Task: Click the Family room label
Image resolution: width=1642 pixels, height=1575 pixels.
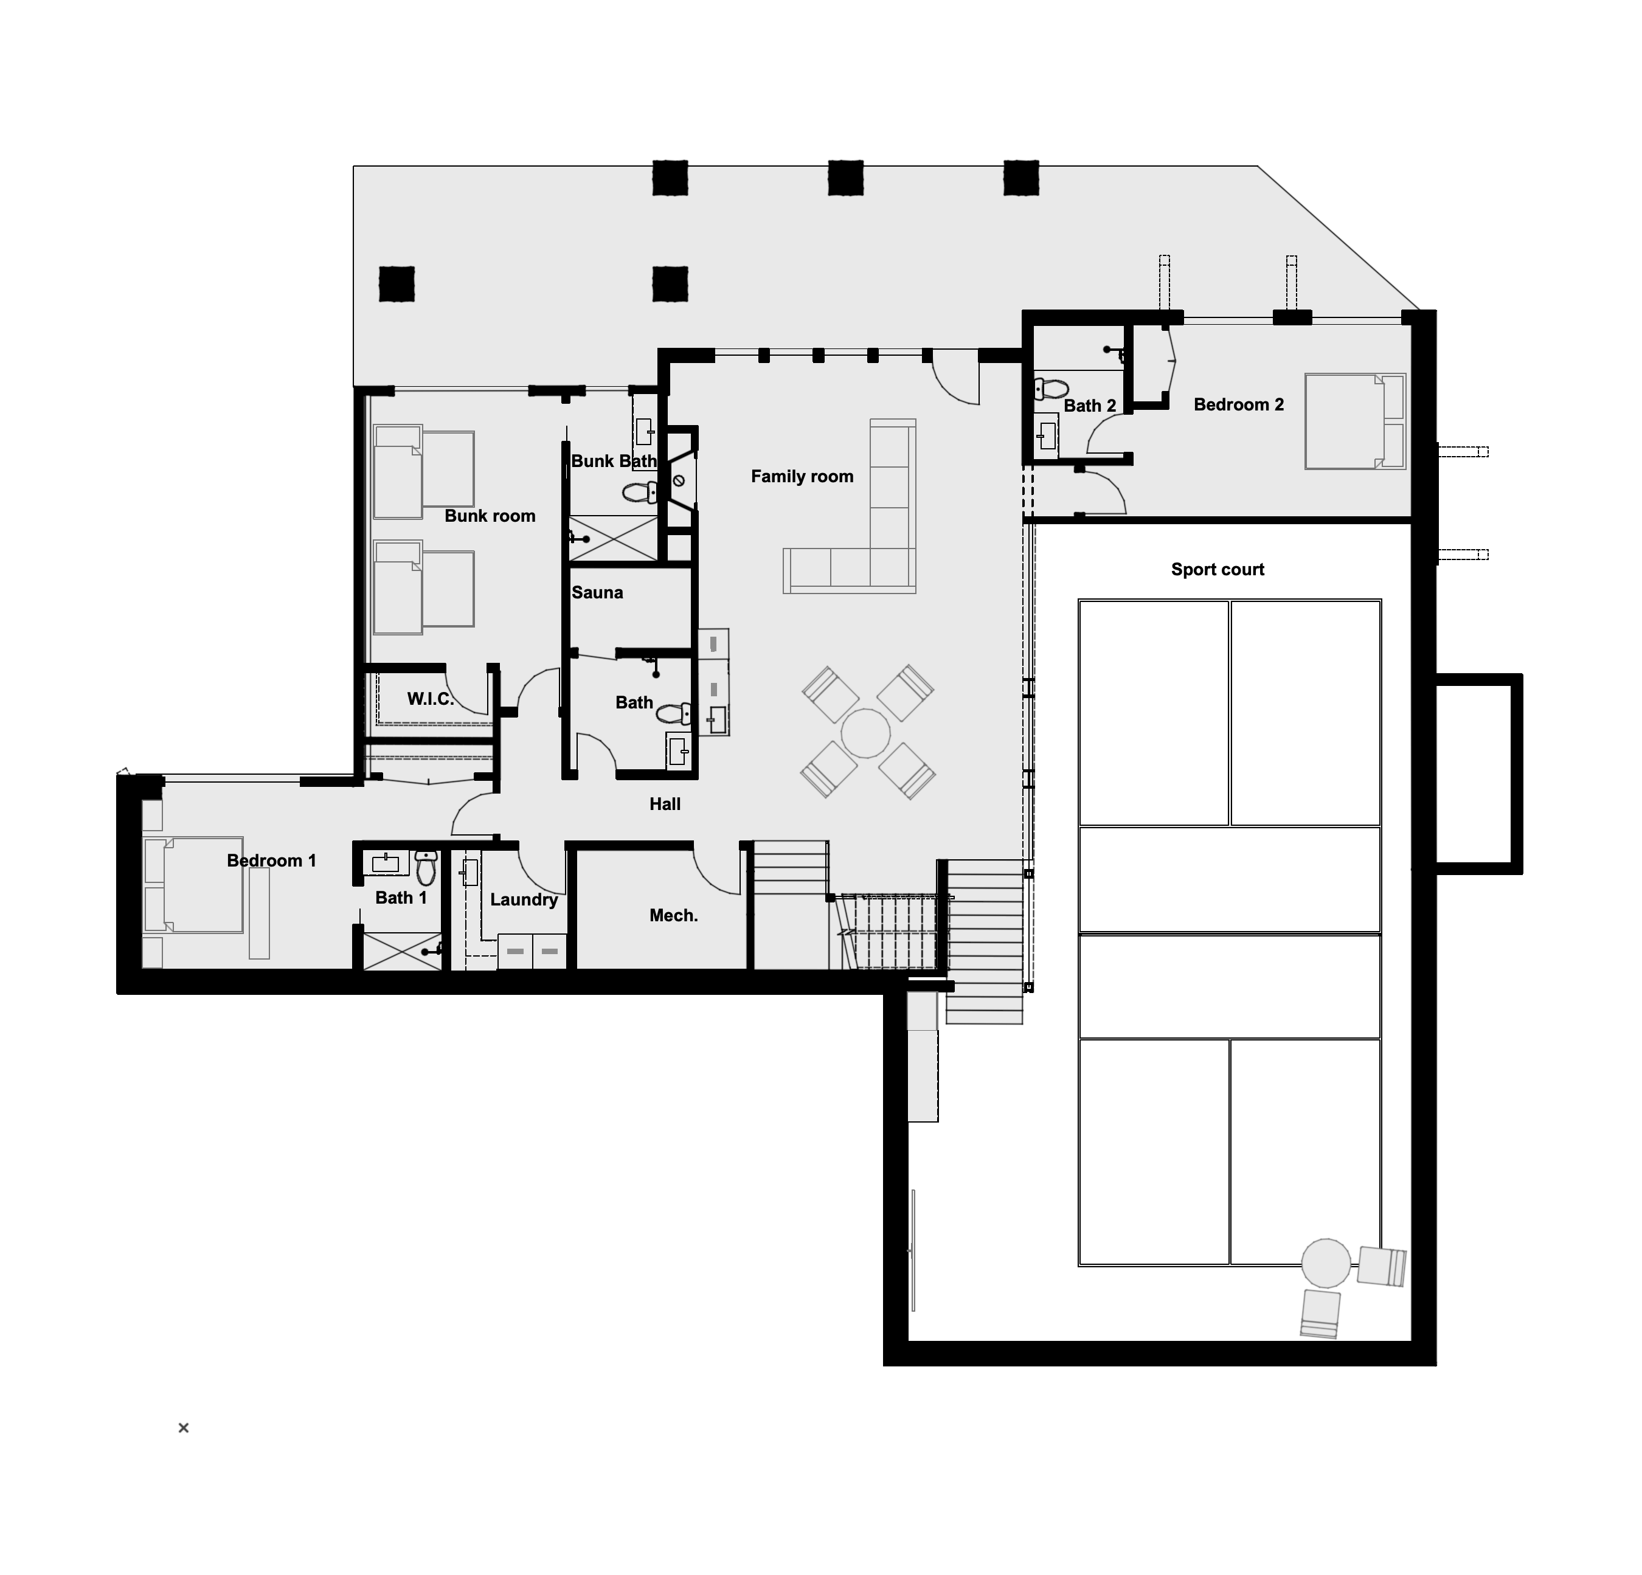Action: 802,477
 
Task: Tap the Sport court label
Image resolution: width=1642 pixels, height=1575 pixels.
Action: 1218,570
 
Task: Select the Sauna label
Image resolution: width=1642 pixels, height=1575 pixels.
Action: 597,592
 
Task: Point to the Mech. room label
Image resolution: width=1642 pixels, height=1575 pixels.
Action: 674,916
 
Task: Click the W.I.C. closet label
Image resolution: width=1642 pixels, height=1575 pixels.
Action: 431,699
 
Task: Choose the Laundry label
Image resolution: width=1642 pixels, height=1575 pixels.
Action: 524,900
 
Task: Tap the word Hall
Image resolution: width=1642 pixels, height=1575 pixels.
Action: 665,805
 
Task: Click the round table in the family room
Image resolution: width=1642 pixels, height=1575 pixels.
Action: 865,733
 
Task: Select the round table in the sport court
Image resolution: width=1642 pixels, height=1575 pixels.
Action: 1326,1262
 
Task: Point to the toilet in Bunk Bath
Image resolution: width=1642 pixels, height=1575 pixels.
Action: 641,492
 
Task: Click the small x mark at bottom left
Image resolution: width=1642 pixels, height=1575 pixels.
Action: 184,1428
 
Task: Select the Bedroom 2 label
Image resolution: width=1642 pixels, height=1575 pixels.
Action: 1238,404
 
